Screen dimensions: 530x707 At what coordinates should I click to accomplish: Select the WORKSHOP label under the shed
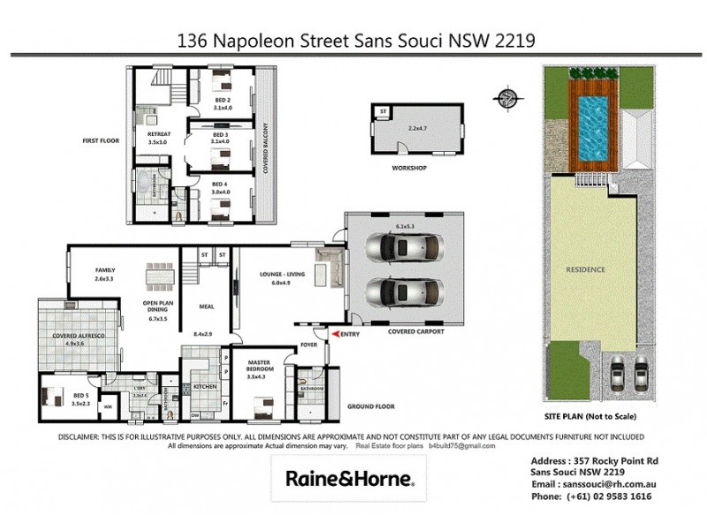[x=409, y=168]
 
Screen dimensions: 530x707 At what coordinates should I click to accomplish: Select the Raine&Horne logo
[x=349, y=478]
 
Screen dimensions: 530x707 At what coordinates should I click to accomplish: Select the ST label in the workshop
[x=383, y=111]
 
